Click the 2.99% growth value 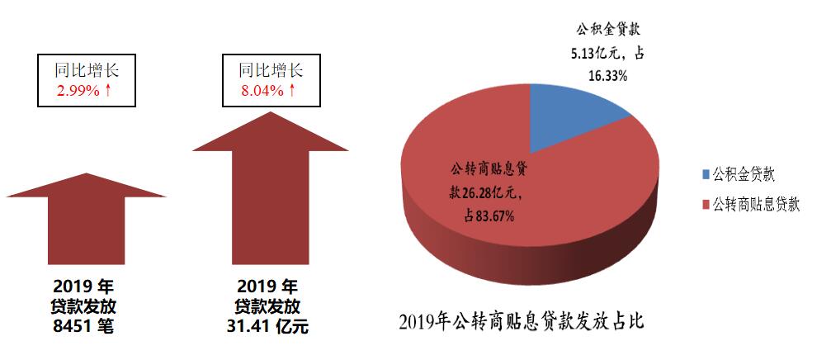[78, 90]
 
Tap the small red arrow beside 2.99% [108, 90]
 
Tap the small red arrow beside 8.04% [291, 90]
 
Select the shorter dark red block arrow [87, 223]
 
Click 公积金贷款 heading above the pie [608, 30]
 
